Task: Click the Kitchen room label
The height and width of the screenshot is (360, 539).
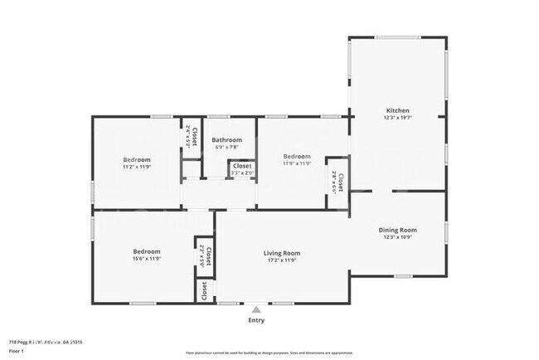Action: click(397, 110)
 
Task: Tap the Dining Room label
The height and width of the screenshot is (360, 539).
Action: click(397, 230)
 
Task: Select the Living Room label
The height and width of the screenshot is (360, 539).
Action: click(282, 253)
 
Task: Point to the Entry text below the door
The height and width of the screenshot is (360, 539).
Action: click(257, 319)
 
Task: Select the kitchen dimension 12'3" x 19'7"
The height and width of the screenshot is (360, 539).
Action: click(397, 118)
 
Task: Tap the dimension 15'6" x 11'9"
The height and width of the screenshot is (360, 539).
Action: click(147, 258)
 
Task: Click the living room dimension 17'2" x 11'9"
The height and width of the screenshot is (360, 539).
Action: click(282, 260)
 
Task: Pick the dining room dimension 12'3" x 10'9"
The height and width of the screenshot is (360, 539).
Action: click(397, 237)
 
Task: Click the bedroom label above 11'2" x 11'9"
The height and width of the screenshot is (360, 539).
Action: click(137, 159)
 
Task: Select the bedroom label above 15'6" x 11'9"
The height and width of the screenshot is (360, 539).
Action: click(147, 251)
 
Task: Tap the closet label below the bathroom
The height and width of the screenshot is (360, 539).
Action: click(242, 166)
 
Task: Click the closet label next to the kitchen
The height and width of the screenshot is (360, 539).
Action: click(341, 176)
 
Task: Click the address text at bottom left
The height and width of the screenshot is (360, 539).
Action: click(46, 341)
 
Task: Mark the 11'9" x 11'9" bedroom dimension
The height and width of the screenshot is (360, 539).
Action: click(296, 163)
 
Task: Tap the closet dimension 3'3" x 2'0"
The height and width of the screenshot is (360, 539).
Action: click(242, 173)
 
